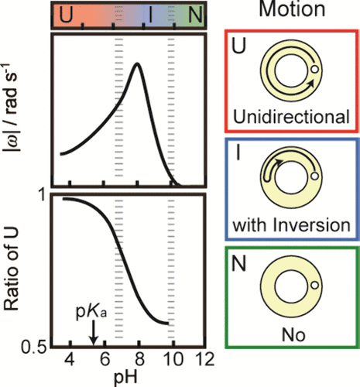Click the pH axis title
124,375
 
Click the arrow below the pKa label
93,333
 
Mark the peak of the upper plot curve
138,63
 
